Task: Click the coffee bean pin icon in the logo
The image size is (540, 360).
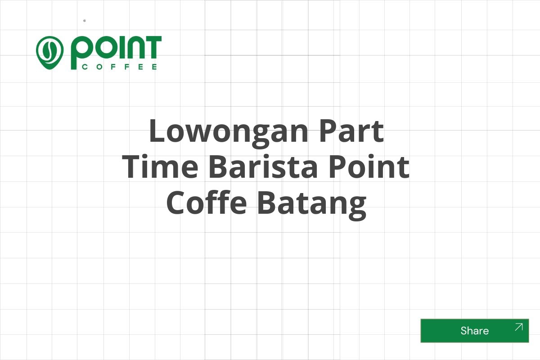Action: [50, 53]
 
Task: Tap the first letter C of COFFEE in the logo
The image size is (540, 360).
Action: [85, 67]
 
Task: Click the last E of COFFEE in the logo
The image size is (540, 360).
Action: [154, 67]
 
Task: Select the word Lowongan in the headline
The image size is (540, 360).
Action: [229, 133]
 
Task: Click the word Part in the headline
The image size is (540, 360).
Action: [352, 130]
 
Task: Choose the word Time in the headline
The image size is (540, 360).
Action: [160, 166]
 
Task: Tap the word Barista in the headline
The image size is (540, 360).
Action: [263, 166]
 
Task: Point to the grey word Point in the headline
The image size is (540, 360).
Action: [369, 166]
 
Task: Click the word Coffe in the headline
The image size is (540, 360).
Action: [207, 202]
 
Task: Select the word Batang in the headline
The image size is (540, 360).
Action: [312, 204]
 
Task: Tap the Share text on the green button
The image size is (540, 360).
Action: [475, 331]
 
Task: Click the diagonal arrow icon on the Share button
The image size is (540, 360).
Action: [518, 327]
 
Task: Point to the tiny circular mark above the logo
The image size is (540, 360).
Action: [85, 21]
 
